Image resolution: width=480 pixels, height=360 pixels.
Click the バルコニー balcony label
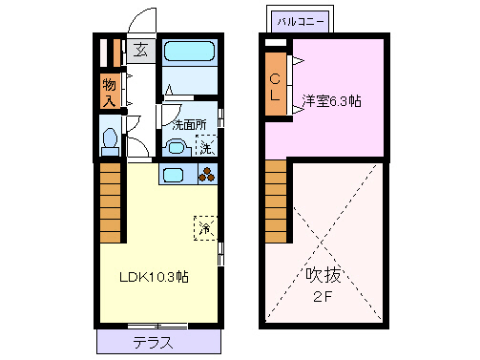[x=300, y=20]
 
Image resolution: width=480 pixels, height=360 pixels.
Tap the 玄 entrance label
[x=139, y=52]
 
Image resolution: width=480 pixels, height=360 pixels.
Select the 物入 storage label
[x=109, y=92]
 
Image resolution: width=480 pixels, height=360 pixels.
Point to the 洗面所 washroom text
[x=190, y=124]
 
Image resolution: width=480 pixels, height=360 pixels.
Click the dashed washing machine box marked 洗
[x=205, y=146]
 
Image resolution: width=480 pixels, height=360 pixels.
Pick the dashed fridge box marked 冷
[x=205, y=228]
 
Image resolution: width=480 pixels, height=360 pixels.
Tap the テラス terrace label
[x=153, y=342]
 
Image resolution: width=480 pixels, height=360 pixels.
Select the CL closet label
[x=275, y=87]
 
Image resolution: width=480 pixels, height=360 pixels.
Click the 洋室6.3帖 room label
[x=332, y=99]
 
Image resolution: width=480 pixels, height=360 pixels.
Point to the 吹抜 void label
[x=324, y=276]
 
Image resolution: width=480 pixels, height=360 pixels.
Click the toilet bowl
[x=110, y=140]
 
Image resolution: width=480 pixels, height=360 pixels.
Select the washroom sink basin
[x=174, y=147]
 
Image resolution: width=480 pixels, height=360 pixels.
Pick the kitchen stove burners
[x=207, y=175]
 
